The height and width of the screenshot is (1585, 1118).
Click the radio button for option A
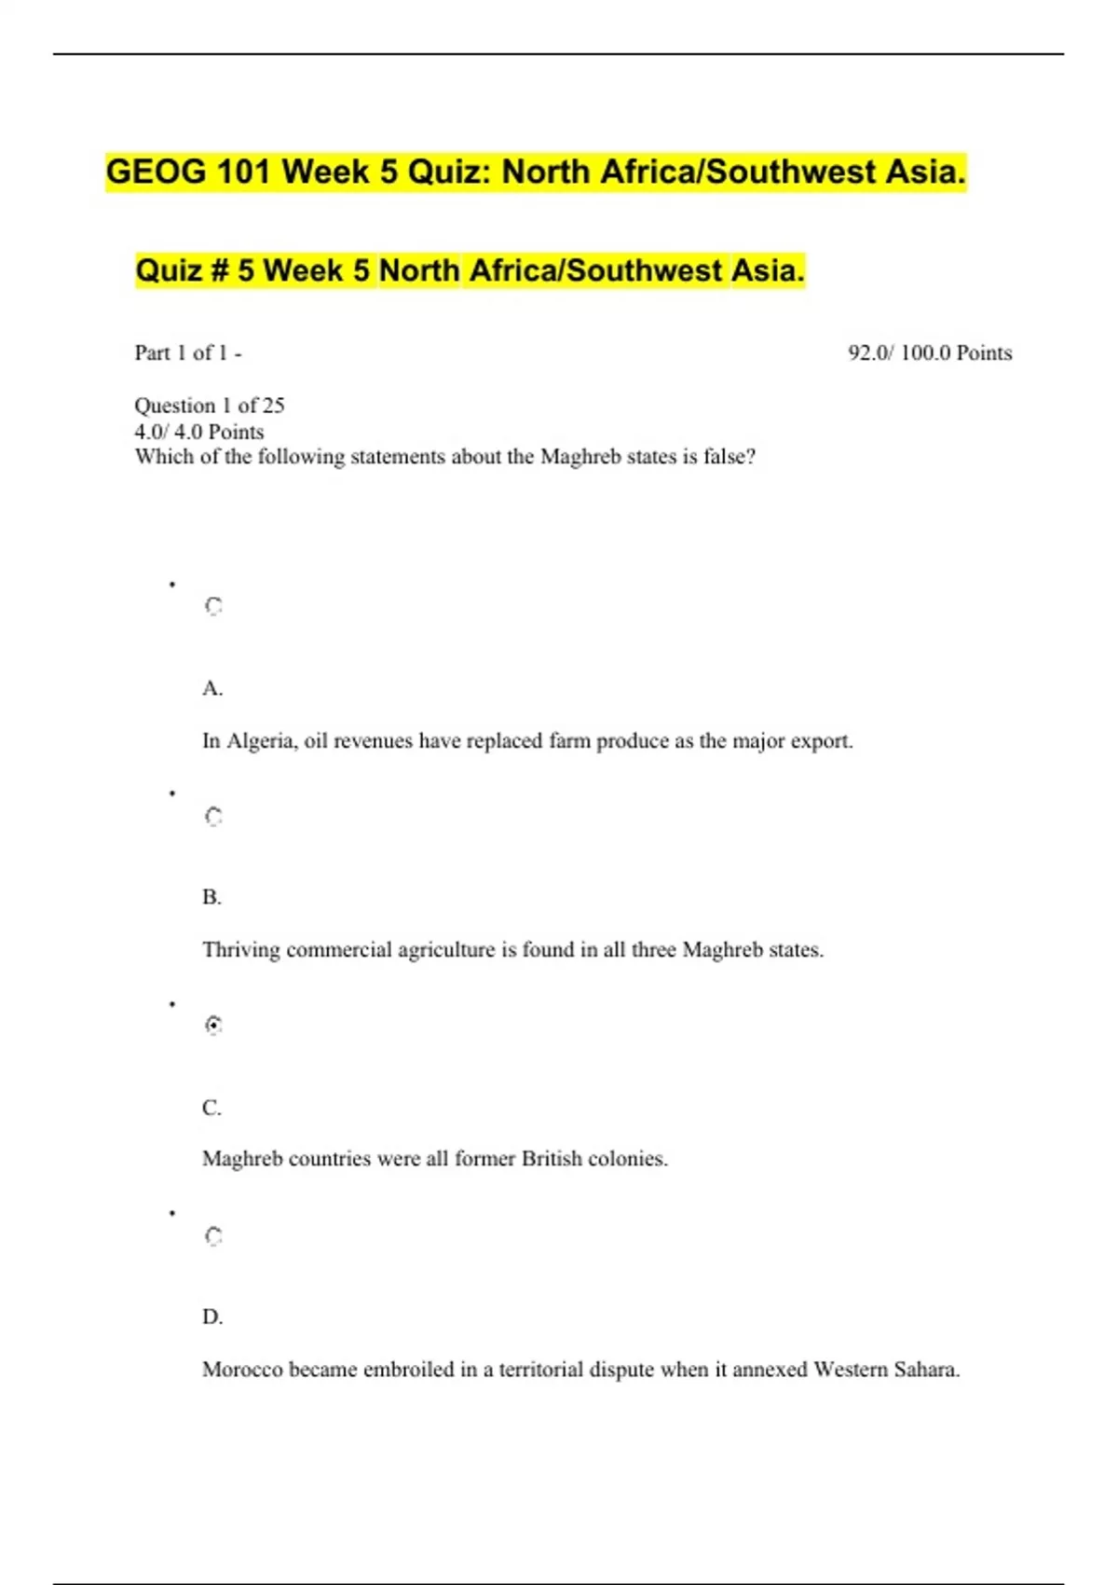click(x=213, y=607)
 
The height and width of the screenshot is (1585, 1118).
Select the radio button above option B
click(x=213, y=817)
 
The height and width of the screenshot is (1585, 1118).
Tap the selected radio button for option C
click(x=213, y=1026)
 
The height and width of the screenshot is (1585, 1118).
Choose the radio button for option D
click(x=213, y=1236)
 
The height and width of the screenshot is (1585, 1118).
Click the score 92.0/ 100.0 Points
click(x=929, y=353)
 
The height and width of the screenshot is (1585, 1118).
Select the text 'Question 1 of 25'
click(x=210, y=406)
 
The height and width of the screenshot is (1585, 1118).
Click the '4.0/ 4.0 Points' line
click(x=199, y=432)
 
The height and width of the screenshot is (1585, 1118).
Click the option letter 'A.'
click(x=212, y=689)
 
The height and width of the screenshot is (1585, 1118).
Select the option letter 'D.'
click(x=212, y=1317)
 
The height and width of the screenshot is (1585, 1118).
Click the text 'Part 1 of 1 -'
click(x=188, y=353)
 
